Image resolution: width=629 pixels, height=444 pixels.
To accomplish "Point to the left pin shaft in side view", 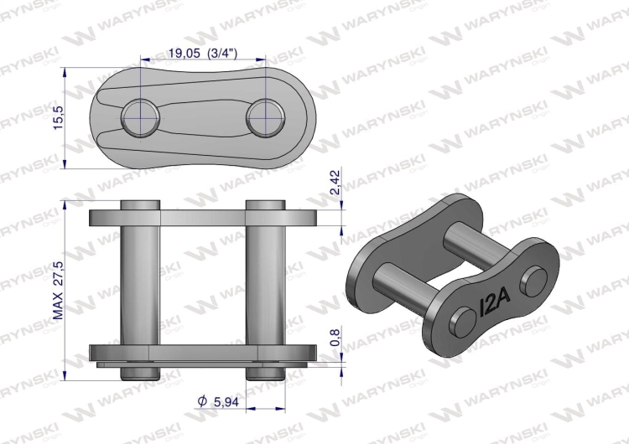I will coord(139,285).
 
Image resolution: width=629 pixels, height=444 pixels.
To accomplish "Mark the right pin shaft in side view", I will coord(265,285).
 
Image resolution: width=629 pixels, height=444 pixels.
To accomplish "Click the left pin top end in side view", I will coord(139,205).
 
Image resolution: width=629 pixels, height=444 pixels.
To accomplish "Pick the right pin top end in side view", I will coord(265,205).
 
